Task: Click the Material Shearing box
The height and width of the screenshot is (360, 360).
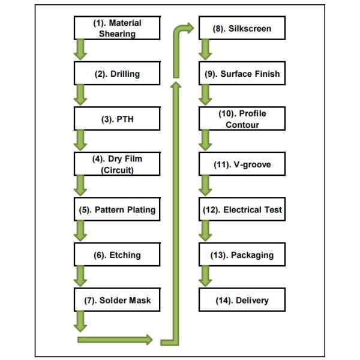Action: pyautogui.click(x=118, y=28)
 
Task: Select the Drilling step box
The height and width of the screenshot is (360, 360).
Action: pyautogui.click(x=118, y=74)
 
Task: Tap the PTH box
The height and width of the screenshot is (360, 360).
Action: pyautogui.click(x=118, y=119)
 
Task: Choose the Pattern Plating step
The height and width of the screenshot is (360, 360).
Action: pyautogui.click(x=118, y=210)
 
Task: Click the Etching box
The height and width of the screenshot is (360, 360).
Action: pyautogui.click(x=118, y=255)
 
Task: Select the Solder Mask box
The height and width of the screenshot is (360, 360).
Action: pyautogui.click(x=118, y=300)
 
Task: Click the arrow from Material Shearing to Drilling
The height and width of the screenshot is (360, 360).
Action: pyautogui.click(x=80, y=50)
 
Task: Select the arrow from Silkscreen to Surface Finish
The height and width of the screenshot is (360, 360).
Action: pyautogui.click(x=206, y=50)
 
